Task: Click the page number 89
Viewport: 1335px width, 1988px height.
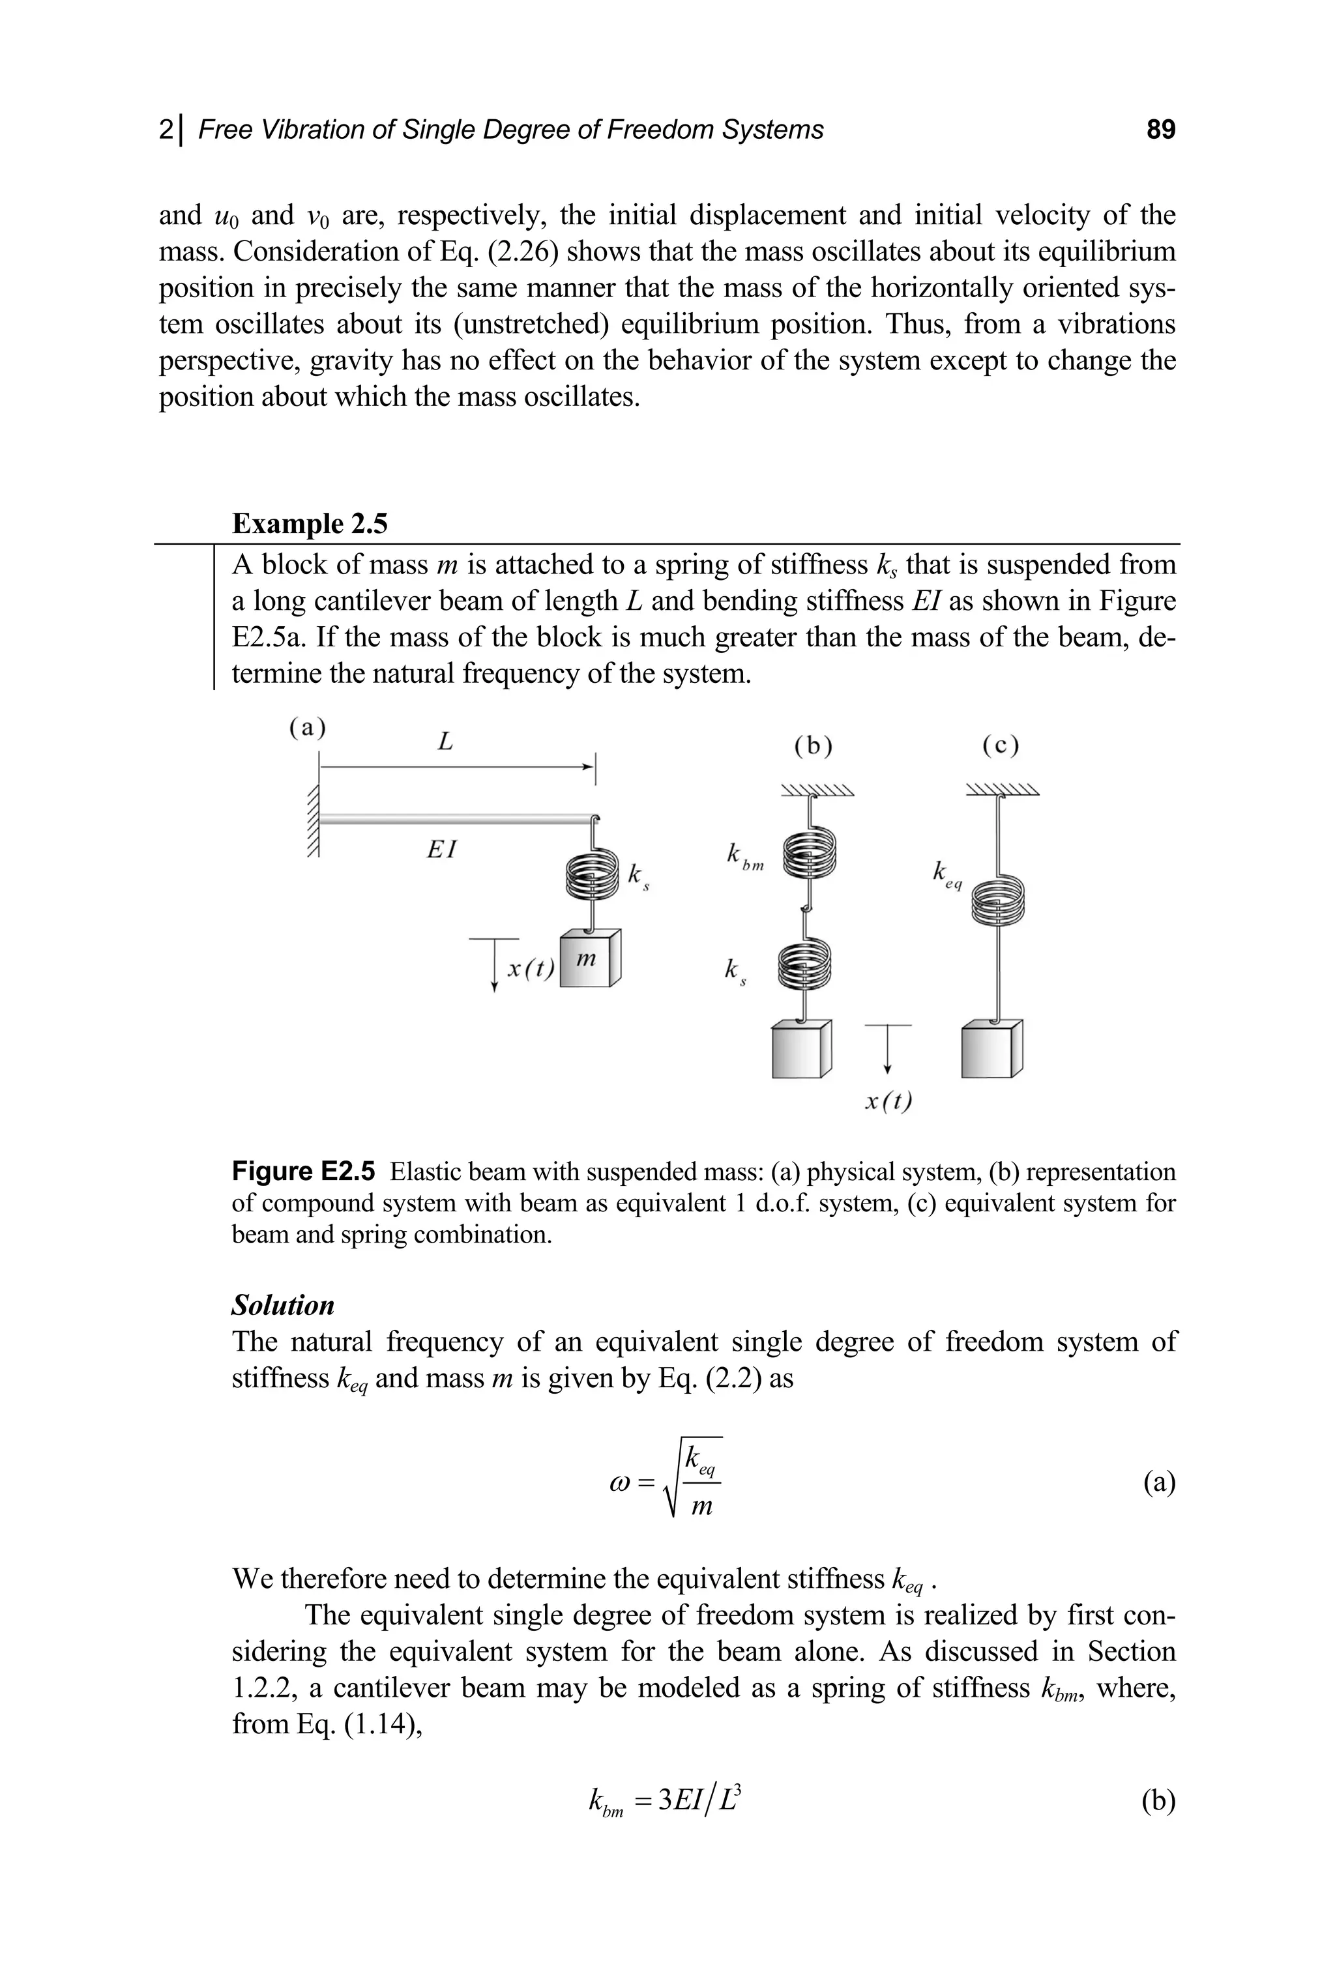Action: [x=1160, y=130]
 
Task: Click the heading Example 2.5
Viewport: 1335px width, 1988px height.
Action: [x=309, y=523]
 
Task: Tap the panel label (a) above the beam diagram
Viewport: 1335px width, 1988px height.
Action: [x=308, y=728]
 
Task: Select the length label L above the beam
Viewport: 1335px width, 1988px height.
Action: [x=445, y=743]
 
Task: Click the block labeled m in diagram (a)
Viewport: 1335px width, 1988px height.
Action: [x=591, y=958]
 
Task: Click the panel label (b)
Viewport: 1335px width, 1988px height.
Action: [x=813, y=746]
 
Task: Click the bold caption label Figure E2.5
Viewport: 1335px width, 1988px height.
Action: [x=303, y=1172]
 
